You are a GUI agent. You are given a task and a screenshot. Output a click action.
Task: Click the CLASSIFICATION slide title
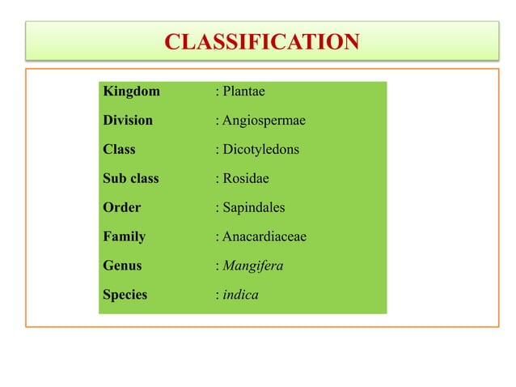click(261, 41)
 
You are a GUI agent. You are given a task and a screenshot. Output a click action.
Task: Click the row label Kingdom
click(131, 91)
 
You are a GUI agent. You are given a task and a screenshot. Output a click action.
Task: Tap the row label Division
click(128, 121)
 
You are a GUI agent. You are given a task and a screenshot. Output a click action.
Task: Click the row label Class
click(119, 150)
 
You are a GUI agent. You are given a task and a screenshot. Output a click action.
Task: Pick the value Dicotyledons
click(261, 150)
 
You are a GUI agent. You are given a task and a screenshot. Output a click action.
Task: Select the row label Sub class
click(131, 179)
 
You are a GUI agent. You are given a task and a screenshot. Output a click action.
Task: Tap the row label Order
click(121, 208)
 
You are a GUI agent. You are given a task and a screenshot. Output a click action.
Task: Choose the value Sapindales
click(254, 208)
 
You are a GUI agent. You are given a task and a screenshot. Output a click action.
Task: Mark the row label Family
click(124, 237)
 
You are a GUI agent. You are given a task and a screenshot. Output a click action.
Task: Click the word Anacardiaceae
click(264, 237)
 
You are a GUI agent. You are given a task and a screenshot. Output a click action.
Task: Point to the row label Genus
click(122, 266)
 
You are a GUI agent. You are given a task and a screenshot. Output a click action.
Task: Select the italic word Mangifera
click(253, 266)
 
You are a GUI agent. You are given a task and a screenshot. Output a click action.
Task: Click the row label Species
click(125, 295)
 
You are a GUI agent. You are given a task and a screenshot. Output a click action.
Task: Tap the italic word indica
click(241, 295)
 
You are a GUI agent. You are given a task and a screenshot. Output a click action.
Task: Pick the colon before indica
click(217, 296)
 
